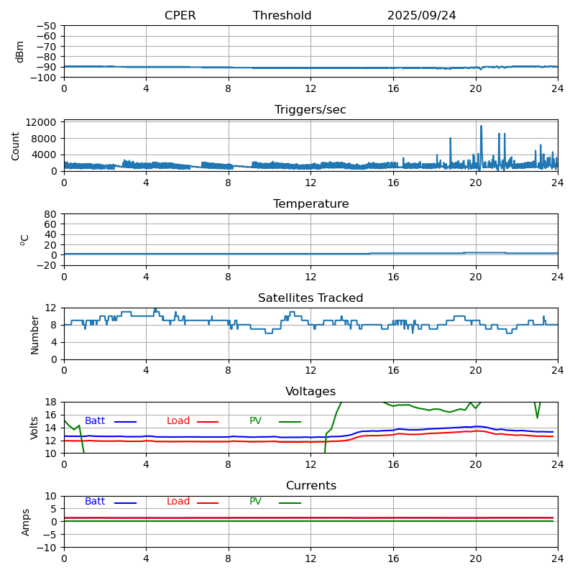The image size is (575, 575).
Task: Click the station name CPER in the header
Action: pos(180,16)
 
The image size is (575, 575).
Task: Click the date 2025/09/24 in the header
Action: pos(421,16)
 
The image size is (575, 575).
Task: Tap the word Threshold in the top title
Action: pos(282,16)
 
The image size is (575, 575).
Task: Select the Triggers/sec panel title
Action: pos(310,110)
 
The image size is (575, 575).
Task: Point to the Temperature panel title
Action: pos(310,204)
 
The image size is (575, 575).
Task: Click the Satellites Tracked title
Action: pos(310,298)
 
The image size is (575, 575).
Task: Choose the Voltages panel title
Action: pos(310,392)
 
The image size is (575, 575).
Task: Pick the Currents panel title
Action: pos(310,486)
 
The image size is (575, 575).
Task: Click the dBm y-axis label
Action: pos(20,52)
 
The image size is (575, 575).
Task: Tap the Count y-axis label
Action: pos(16,146)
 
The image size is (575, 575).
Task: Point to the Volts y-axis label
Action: pos(34,428)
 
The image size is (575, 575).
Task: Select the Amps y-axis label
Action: pos(26,522)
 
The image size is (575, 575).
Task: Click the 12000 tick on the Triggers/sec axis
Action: pos(42,122)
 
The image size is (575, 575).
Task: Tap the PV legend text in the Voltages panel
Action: pos(255,421)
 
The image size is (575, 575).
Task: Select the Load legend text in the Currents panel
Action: pos(178,502)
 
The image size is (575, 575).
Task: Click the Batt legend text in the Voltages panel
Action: pos(95,421)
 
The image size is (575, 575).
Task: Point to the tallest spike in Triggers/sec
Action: pos(481,126)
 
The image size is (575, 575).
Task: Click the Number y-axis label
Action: pos(34,334)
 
